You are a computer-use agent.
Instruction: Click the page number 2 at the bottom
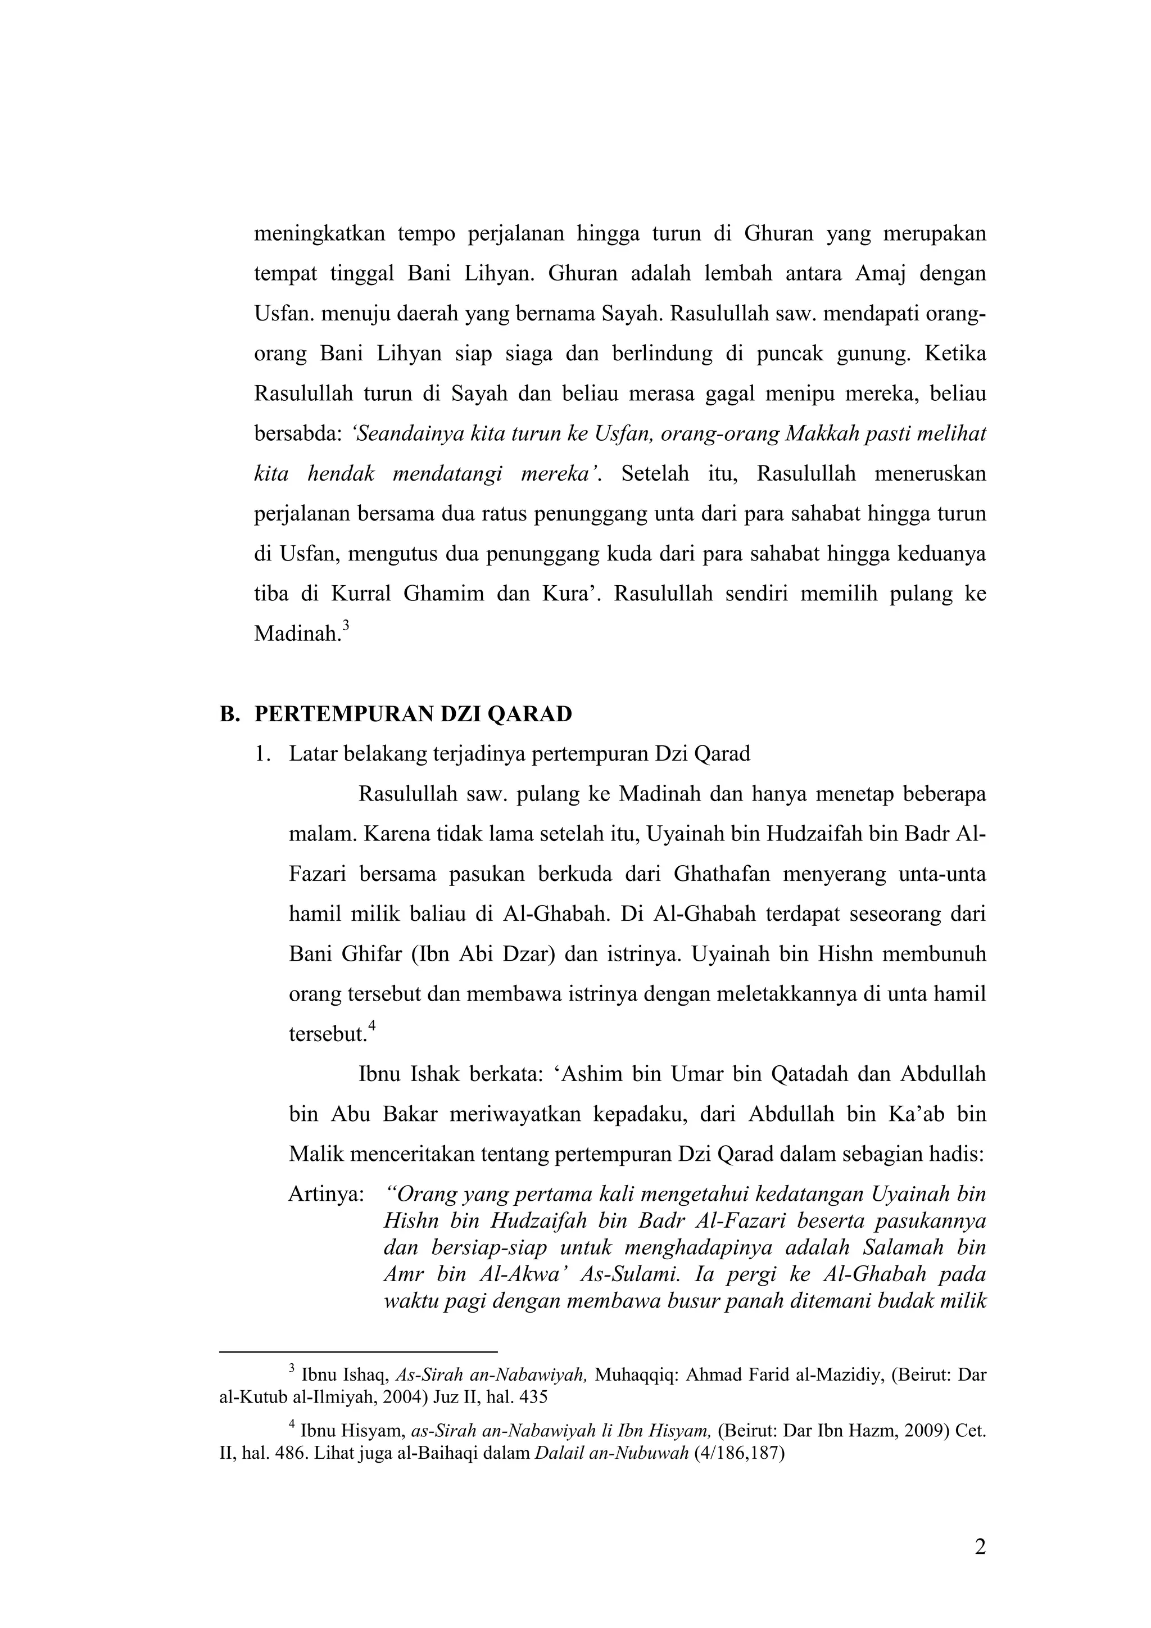pyautogui.click(x=980, y=1548)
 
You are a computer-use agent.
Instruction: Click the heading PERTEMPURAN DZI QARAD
pyautogui.click(x=413, y=713)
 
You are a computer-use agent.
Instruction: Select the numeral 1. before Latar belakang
pyautogui.click(x=264, y=754)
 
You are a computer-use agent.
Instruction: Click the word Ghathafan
pyautogui.click(x=721, y=874)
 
